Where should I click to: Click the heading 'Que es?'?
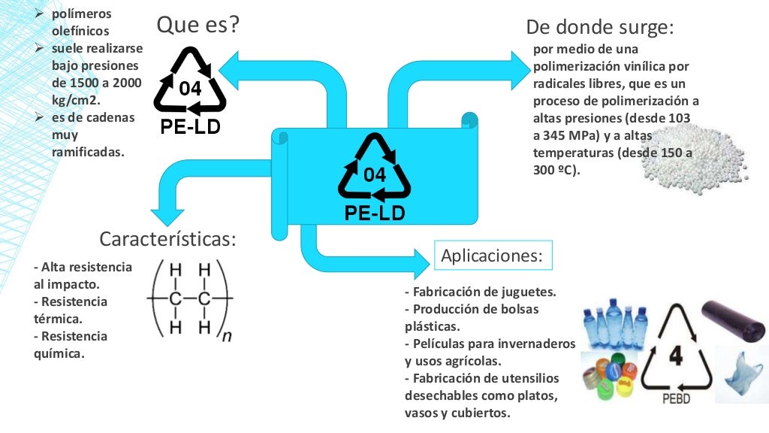click(198, 25)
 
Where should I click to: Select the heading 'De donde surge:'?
click(599, 28)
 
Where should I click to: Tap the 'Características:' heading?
click(167, 239)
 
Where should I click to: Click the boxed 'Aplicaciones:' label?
click(493, 256)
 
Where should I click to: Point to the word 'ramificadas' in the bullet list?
click(88, 152)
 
